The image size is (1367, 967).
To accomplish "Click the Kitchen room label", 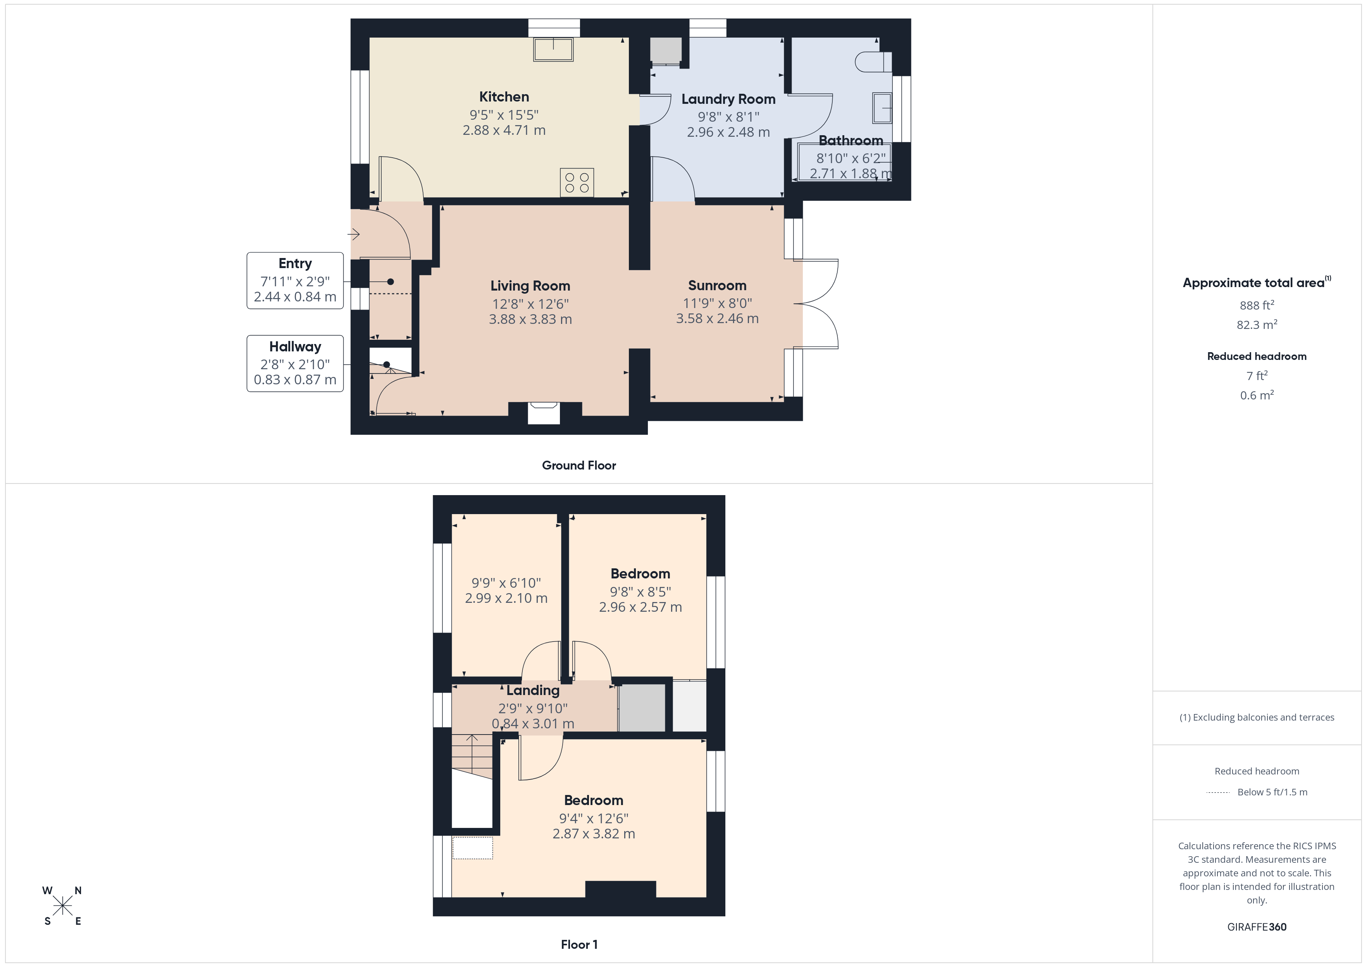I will click(x=504, y=96).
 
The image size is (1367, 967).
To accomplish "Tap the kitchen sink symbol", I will click(x=553, y=50).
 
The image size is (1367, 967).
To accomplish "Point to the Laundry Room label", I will click(x=728, y=99).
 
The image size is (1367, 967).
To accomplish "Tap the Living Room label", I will click(x=530, y=286).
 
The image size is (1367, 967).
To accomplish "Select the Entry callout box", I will click(x=295, y=280).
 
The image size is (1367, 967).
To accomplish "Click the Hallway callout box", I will click(x=295, y=363).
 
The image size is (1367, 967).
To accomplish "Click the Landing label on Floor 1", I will click(x=533, y=690).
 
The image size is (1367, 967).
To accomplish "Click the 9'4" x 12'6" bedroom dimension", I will click(x=594, y=818).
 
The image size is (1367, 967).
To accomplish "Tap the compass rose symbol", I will click(x=62, y=906).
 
